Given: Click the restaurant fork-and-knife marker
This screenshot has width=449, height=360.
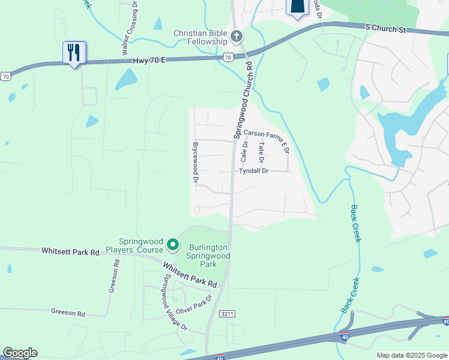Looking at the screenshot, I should click(x=74, y=52).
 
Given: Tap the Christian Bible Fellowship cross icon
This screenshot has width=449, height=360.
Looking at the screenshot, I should click(x=236, y=37).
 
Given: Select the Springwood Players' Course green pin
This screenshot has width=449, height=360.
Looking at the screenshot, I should click(x=173, y=244).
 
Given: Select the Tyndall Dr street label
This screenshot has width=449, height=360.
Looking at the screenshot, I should click(x=253, y=171).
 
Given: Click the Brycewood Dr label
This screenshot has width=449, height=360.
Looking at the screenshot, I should click(x=195, y=163).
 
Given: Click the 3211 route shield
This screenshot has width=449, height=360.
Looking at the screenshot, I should click(x=227, y=313).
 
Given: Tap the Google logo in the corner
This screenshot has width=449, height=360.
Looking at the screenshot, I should click(x=20, y=353).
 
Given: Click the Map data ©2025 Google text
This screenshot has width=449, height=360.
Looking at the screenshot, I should click(x=411, y=355).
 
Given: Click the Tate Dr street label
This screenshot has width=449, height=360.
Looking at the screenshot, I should click(x=261, y=153).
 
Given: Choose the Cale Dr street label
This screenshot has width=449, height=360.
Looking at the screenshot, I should click(x=244, y=152).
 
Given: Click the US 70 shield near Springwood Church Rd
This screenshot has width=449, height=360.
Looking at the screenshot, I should click(x=227, y=57).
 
